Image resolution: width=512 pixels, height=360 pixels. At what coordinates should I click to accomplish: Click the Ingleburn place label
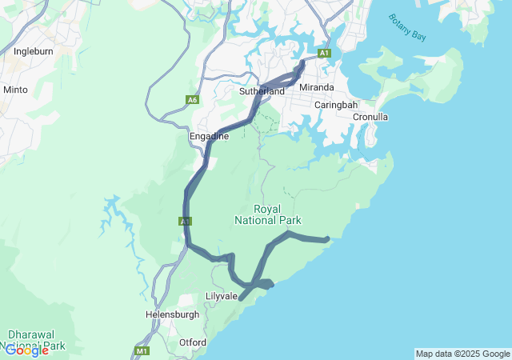pyautogui.click(x=33, y=52)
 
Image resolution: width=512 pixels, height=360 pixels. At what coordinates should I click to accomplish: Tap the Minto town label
pyautogui.click(x=15, y=90)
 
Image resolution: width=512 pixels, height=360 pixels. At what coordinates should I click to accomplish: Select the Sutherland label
pyautogui.click(x=262, y=91)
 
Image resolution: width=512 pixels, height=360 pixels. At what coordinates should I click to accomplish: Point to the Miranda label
pyautogui.click(x=315, y=86)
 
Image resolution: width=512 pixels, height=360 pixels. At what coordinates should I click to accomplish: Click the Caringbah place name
pyautogui.click(x=335, y=105)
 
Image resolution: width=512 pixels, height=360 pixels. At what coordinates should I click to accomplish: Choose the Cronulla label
pyautogui.click(x=370, y=117)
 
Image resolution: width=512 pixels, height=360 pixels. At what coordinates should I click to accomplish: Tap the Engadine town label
pyautogui.click(x=209, y=136)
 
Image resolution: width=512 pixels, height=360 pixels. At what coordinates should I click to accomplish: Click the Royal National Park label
pyautogui.click(x=267, y=214)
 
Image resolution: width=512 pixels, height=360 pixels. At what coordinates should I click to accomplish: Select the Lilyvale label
pyautogui.click(x=221, y=296)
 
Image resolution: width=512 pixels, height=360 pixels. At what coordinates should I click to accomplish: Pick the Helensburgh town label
pyautogui.click(x=172, y=314)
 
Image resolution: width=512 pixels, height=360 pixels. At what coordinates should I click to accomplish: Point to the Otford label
pyautogui.click(x=192, y=342)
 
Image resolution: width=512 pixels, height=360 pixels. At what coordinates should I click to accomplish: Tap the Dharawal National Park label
pyautogui.click(x=36, y=340)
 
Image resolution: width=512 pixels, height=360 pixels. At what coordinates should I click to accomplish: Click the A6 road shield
pyautogui.click(x=192, y=100)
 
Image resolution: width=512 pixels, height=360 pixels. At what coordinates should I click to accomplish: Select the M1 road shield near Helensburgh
pyautogui.click(x=142, y=351)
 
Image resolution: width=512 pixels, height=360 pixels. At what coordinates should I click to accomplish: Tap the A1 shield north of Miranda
pyautogui.click(x=324, y=54)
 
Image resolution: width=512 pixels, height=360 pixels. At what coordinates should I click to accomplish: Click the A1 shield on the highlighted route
pyautogui.click(x=185, y=221)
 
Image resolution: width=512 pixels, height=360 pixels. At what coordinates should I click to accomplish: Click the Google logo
pyautogui.click(x=26, y=350)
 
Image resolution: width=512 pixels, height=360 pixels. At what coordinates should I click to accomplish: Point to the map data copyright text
pyautogui.click(x=462, y=354)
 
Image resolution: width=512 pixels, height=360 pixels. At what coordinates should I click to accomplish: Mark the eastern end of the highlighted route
pyautogui.click(x=328, y=239)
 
